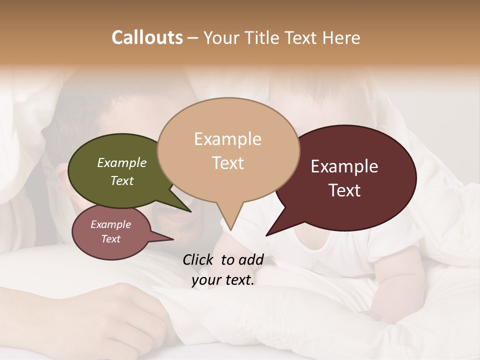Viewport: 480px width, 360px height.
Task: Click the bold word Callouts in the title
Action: (x=147, y=37)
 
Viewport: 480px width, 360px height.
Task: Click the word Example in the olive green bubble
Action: (x=122, y=162)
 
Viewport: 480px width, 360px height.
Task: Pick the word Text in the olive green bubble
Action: (x=122, y=180)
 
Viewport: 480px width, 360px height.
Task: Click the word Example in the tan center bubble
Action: (x=227, y=138)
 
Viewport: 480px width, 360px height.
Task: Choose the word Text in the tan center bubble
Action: (x=227, y=162)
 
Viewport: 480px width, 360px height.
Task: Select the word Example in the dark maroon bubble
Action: (x=344, y=166)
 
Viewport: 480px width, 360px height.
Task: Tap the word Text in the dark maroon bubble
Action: (x=344, y=190)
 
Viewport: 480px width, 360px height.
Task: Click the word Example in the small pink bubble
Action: (x=111, y=224)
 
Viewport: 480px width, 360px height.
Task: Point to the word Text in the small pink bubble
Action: (x=111, y=238)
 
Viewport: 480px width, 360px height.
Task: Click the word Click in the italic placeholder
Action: (x=198, y=259)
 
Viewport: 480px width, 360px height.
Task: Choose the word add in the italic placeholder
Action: (x=251, y=259)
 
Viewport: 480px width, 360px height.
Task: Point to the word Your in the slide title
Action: (x=222, y=37)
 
